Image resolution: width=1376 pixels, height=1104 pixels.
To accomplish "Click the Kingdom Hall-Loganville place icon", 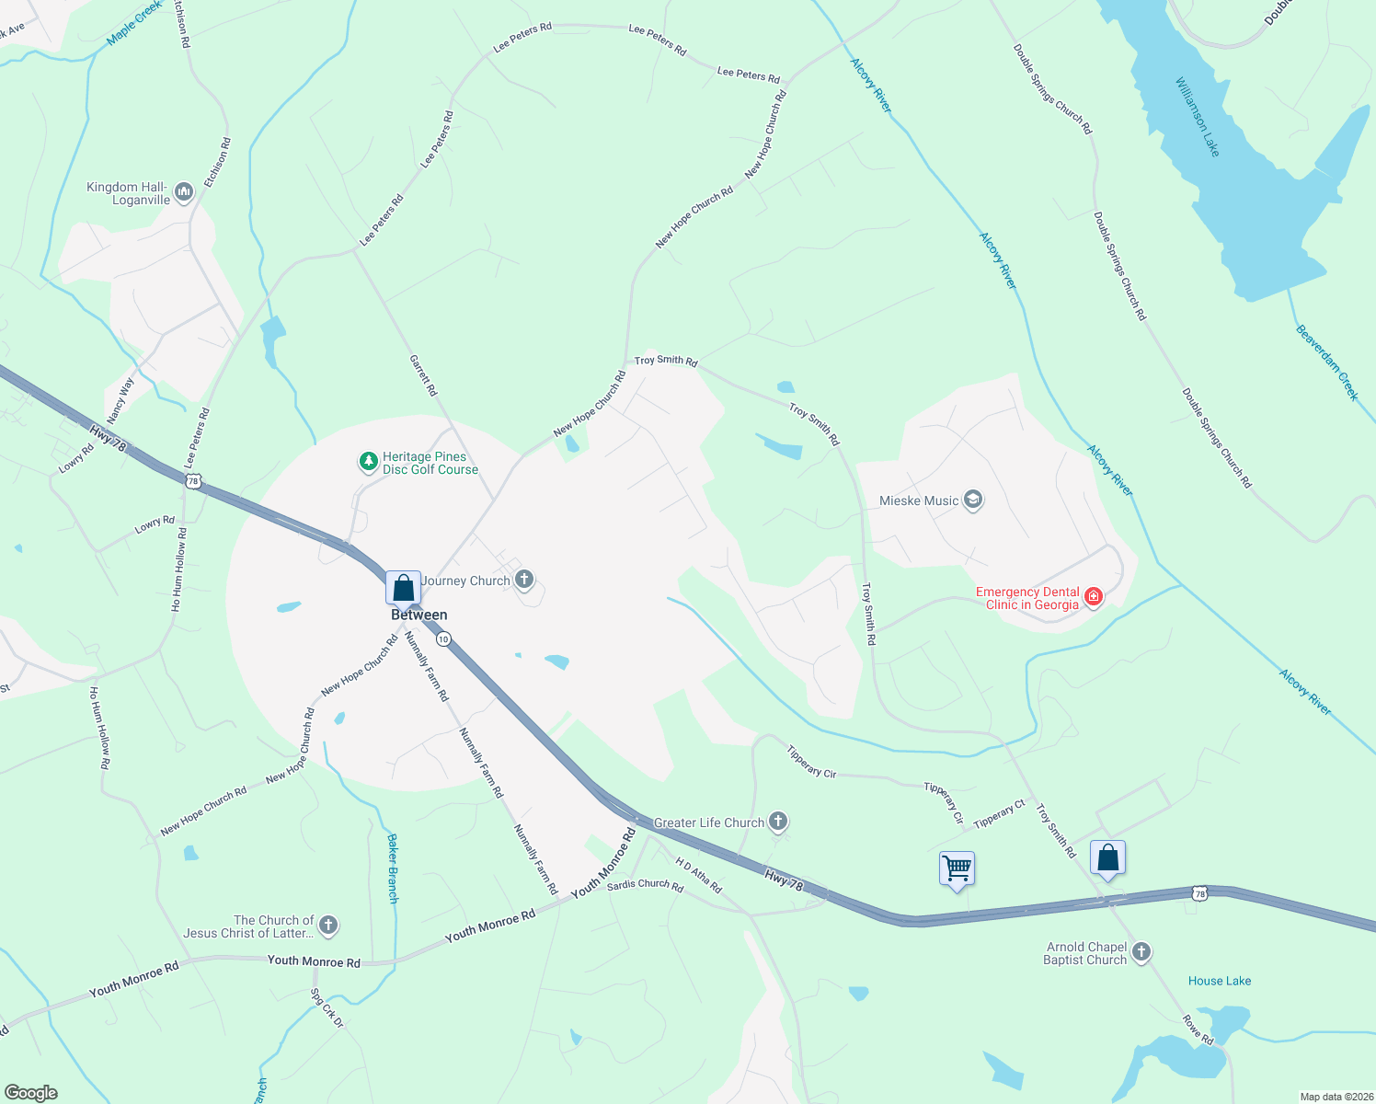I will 184,192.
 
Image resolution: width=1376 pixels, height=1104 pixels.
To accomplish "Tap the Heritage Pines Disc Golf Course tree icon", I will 369,462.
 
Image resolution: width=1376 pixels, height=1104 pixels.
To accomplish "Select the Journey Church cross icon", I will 524,580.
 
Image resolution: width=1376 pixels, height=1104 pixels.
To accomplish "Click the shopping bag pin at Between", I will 403,587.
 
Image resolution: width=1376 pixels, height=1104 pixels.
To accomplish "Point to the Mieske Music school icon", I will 973,500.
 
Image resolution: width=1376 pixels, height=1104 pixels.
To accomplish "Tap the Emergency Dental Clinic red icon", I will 1094,597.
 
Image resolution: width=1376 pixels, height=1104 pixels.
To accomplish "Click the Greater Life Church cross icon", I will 778,822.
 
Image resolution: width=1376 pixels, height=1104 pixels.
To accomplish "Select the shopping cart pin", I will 957,868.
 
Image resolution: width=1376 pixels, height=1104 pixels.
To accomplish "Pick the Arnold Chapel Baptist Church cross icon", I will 1141,952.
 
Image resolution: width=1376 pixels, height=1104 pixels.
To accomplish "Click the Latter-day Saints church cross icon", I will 328,926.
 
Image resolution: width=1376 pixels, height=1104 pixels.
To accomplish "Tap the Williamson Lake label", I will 1197,117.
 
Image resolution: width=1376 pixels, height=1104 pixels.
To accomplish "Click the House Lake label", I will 1219,981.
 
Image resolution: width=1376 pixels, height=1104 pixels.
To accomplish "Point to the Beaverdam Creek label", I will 1326,362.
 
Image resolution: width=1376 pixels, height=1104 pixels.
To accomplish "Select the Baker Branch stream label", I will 393,868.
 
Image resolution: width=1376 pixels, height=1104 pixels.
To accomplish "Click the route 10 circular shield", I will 443,638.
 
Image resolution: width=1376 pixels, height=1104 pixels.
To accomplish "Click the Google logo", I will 30,1093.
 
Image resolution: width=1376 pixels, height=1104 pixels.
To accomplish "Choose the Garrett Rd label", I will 423,375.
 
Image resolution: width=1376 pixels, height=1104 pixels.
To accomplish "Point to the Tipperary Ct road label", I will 999,814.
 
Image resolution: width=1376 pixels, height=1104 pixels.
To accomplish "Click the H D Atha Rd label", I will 699,875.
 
